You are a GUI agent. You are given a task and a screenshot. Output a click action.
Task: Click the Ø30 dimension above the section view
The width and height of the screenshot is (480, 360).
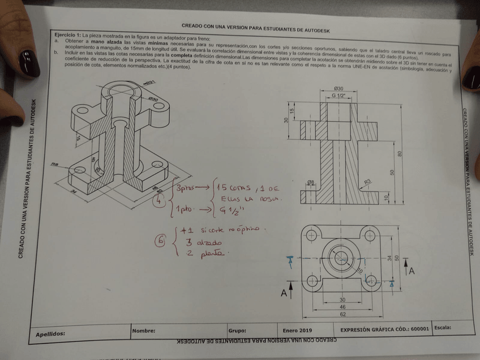338,88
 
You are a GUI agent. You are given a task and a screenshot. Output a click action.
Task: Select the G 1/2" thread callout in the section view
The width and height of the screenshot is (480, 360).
338,96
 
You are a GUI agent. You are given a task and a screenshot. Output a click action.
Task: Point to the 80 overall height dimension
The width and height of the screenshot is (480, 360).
400,154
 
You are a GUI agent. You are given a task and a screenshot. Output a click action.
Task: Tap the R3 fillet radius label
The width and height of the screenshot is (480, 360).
367,182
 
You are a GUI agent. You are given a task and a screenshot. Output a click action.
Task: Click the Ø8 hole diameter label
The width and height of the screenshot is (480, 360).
310,182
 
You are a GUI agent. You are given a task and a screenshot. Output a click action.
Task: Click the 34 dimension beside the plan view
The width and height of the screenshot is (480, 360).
389,258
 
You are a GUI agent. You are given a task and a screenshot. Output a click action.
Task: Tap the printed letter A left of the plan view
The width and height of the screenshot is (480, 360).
285,293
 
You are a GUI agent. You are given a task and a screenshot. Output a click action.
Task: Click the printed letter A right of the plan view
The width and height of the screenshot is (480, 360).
412,271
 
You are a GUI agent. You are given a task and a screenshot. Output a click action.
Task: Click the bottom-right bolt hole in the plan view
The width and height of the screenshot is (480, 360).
372,280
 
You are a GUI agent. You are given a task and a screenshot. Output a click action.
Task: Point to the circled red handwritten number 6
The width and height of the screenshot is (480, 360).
161,242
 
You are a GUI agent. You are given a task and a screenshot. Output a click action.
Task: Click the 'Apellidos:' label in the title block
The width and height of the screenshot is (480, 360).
50,334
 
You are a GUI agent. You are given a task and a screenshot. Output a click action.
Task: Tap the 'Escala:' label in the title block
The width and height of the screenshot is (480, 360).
445,327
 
